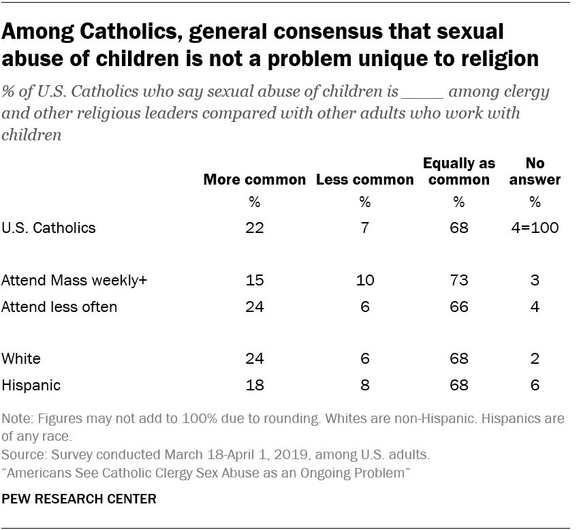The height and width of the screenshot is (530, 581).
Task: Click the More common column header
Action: pyautogui.click(x=255, y=180)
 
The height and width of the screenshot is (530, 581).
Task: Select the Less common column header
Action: pyautogui.click(x=364, y=180)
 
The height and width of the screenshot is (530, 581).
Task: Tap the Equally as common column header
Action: pyautogui.click(x=458, y=172)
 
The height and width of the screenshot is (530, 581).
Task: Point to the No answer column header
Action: pyautogui.click(x=535, y=172)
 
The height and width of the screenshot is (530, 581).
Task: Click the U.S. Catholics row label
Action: pyautogui.click(x=48, y=228)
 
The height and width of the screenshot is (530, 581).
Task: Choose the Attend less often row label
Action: pyautogui.click(x=59, y=307)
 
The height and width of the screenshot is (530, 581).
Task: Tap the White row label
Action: pyautogui.click(x=21, y=359)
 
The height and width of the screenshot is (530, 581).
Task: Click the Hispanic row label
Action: pyautogui.click(x=31, y=385)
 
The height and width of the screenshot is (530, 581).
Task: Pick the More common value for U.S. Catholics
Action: pyautogui.click(x=255, y=228)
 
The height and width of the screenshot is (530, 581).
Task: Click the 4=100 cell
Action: pyautogui.click(x=535, y=228)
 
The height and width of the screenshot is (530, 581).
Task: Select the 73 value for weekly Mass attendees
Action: pyautogui.click(x=458, y=281)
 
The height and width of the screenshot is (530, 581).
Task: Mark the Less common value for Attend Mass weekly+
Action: pyautogui.click(x=364, y=281)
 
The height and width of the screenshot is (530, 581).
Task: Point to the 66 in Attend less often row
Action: pyautogui.click(x=458, y=307)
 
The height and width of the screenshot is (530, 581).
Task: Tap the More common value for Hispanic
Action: pyautogui.click(x=255, y=385)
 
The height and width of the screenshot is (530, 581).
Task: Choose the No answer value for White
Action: pyautogui.click(x=535, y=359)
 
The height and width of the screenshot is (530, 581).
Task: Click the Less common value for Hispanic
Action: pyautogui.click(x=364, y=385)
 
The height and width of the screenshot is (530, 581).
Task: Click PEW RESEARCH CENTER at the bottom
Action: pyautogui.click(x=79, y=499)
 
